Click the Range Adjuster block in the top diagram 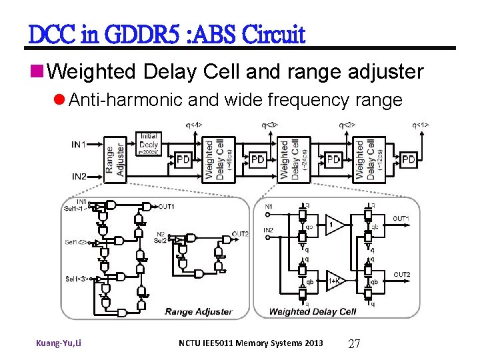(114, 159)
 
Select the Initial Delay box (149, 143)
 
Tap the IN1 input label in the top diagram (79, 144)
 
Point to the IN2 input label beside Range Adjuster (79, 177)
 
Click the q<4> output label (194, 125)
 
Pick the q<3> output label (270, 125)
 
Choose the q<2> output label (347, 125)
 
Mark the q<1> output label (420, 125)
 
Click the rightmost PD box (409, 160)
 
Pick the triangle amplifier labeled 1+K (335, 281)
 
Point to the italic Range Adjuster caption (198, 311)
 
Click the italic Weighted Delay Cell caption (313, 311)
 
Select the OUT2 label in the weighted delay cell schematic (401, 275)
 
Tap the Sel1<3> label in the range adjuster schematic (77, 278)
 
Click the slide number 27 (355, 343)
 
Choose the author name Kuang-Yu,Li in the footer (59, 343)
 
